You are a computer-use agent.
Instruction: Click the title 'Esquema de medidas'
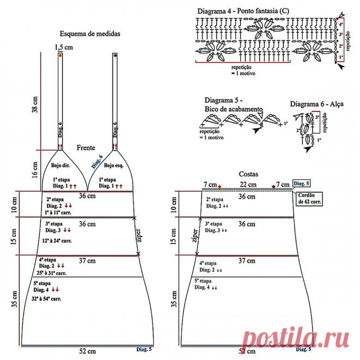pos(91,33)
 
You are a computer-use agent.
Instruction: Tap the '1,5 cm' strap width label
pos(64,47)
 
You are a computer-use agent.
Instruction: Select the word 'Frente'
pos(86,147)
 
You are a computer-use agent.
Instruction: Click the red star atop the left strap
pos(60,56)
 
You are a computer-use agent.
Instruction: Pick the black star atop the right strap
pos(115,56)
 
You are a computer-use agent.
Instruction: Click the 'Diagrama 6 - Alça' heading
pos(316,104)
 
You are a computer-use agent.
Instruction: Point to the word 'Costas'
pos(248,173)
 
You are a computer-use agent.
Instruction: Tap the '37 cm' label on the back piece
pos(247,261)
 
